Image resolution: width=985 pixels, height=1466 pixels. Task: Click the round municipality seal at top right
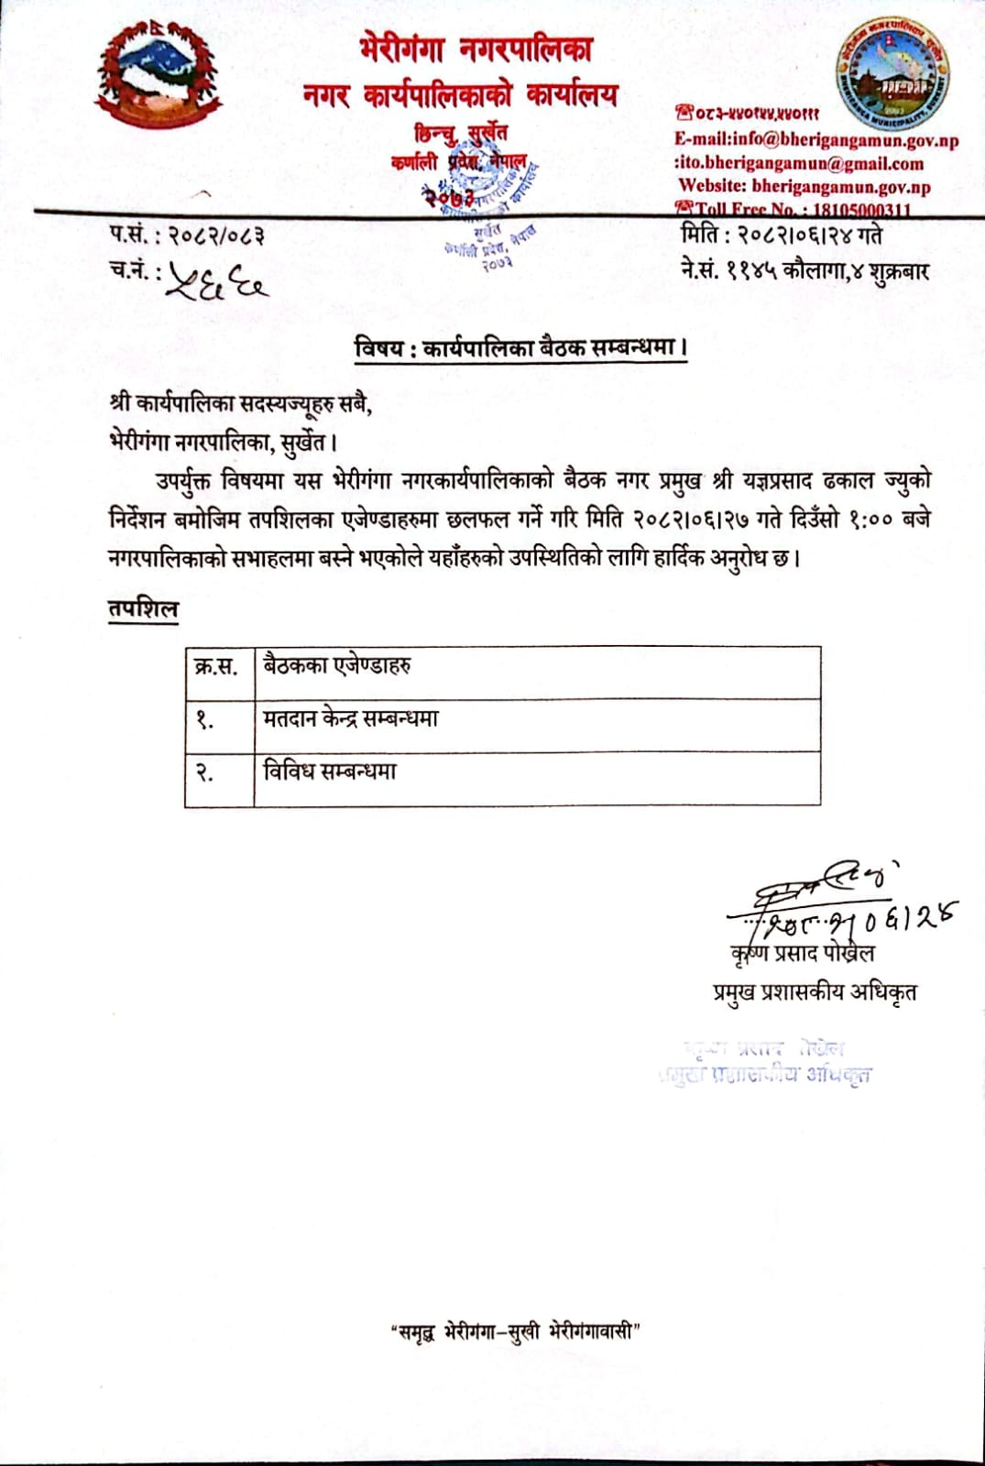(892, 74)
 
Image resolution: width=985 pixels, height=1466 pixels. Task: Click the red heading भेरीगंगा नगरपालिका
(476, 49)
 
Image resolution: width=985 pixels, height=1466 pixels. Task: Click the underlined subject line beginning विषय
(520, 348)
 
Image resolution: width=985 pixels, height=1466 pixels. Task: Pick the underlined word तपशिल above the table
(143, 609)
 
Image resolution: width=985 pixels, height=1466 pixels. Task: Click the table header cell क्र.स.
(217, 667)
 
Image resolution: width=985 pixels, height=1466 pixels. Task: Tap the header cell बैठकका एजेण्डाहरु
(337, 665)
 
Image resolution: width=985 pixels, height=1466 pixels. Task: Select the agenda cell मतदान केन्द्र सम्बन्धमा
(351, 718)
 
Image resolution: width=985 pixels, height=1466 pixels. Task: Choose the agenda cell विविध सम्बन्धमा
(330, 771)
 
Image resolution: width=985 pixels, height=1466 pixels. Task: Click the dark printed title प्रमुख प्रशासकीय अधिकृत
(815, 991)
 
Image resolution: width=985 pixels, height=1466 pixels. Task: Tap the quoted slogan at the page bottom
(513, 1331)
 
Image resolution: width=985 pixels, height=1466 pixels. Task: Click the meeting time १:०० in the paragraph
(866, 519)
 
